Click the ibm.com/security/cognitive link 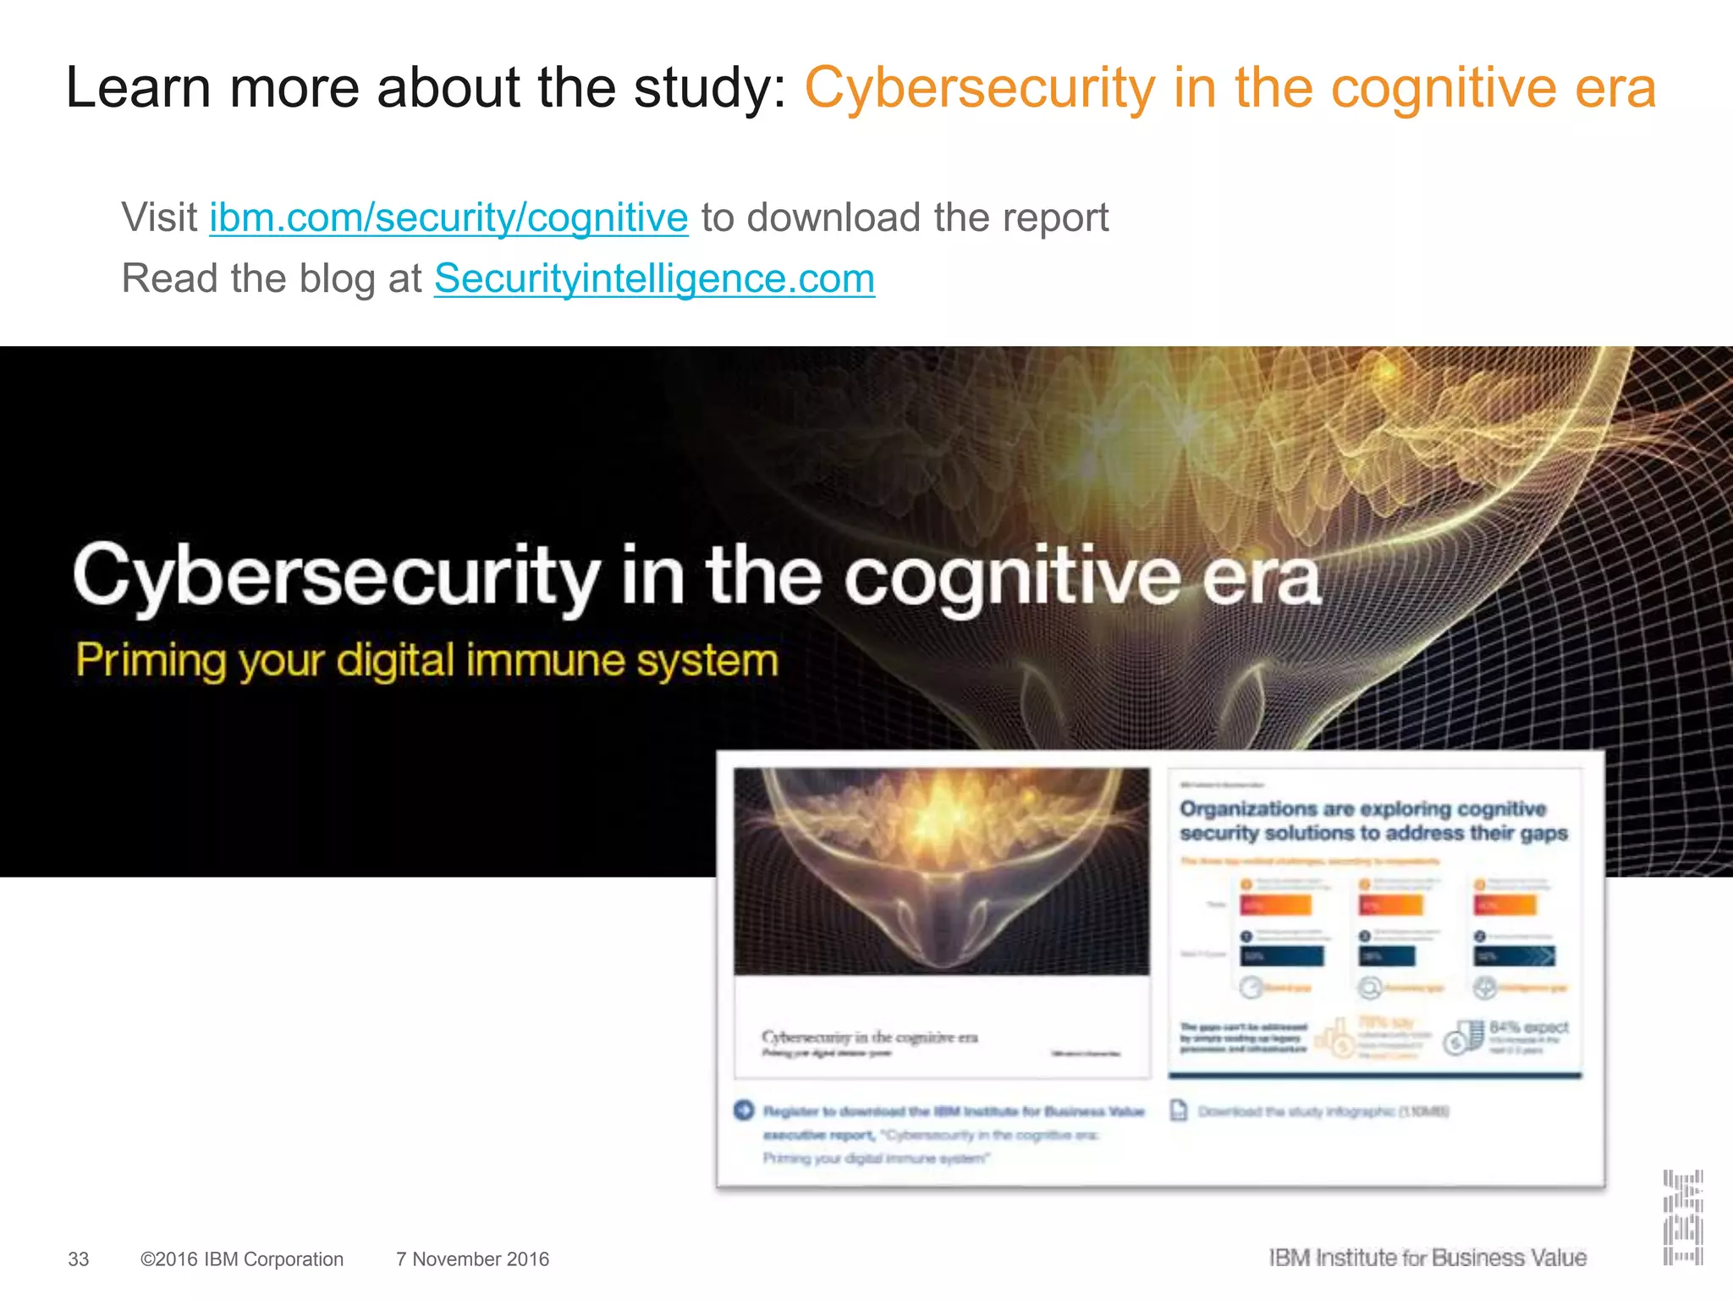448,218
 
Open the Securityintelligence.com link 654,278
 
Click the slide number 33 79,1259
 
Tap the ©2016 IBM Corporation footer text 242,1259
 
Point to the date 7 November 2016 472,1259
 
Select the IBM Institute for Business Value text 1428,1259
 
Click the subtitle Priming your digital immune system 426,660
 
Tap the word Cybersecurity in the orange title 979,88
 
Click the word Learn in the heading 138,88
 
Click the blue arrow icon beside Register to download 744,1110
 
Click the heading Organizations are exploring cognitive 1362,809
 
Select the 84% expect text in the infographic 1528,1027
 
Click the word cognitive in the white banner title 1012,577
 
